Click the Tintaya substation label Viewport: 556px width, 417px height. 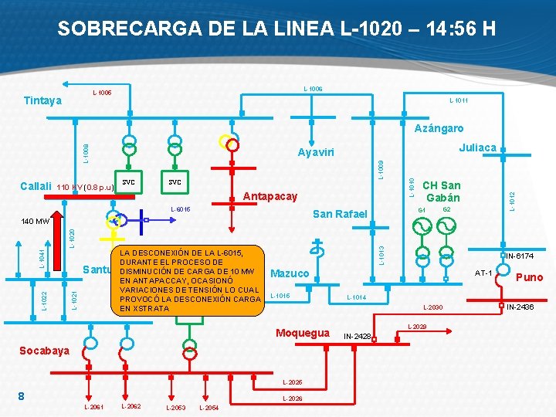coord(42,100)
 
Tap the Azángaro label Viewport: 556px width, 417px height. coord(439,128)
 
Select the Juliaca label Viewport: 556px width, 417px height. coord(477,147)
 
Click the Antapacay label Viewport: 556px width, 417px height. coord(270,196)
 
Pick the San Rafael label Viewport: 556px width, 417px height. coord(340,213)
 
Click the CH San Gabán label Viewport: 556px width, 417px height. coord(442,192)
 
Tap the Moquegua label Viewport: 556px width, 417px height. coord(303,333)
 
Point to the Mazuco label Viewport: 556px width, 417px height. coord(290,273)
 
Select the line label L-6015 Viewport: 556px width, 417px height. coord(179,209)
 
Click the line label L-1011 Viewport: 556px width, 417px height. coord(459,100)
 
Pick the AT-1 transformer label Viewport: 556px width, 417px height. coord(483,273)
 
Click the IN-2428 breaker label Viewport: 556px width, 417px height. coord(358,336)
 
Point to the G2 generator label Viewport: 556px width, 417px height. coord(446,209)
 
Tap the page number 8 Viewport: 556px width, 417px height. coord(23,396)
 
